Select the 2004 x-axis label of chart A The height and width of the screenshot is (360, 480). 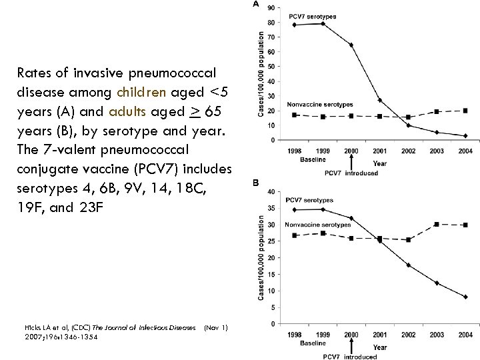pyautogui.click(x=465, y=151)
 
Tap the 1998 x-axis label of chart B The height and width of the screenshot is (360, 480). pyautogui.click(x=294, y=335)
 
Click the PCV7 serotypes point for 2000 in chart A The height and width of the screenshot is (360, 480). pyautogui.click(x=351, y=45)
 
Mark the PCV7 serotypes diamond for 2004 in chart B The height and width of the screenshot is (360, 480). pyautogui.click(x=465, y=297)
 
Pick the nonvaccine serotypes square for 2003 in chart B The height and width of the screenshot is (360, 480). pyautogui.click(x=437, y=224)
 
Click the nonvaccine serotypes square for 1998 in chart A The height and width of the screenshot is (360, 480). pyautogui.click(x=294, y=115)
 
